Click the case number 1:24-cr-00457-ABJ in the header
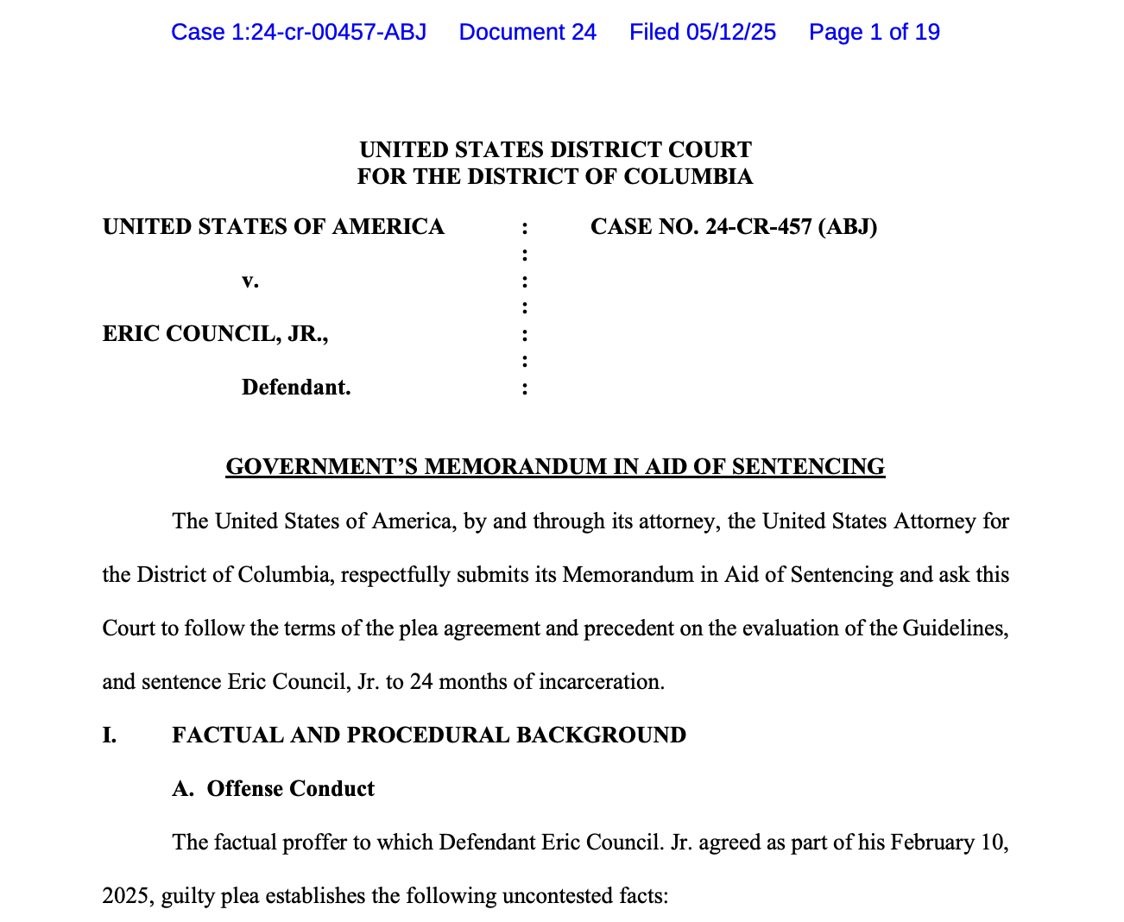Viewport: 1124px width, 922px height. (299, 32)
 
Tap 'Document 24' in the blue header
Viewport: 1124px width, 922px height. (527, 32)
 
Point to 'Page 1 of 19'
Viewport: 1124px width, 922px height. (874, 32)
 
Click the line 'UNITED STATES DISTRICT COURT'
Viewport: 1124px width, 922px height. (555, 149)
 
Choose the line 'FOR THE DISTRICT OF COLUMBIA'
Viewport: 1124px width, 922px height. (555, 177)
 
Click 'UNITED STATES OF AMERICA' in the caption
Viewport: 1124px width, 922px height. (274, 227)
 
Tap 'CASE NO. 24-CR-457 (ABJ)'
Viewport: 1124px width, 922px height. (734, 227)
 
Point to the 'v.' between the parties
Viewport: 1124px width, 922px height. (250, 281)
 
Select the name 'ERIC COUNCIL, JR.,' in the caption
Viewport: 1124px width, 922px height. (216, 334)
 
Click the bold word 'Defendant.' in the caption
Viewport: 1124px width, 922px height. (296, 388)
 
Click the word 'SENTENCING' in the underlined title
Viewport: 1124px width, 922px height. (808, 467)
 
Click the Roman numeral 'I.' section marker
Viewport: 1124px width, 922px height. (110, 736)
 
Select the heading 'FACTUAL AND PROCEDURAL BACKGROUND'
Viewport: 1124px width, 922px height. (429, 736)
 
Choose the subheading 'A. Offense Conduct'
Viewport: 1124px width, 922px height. (274, 789)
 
